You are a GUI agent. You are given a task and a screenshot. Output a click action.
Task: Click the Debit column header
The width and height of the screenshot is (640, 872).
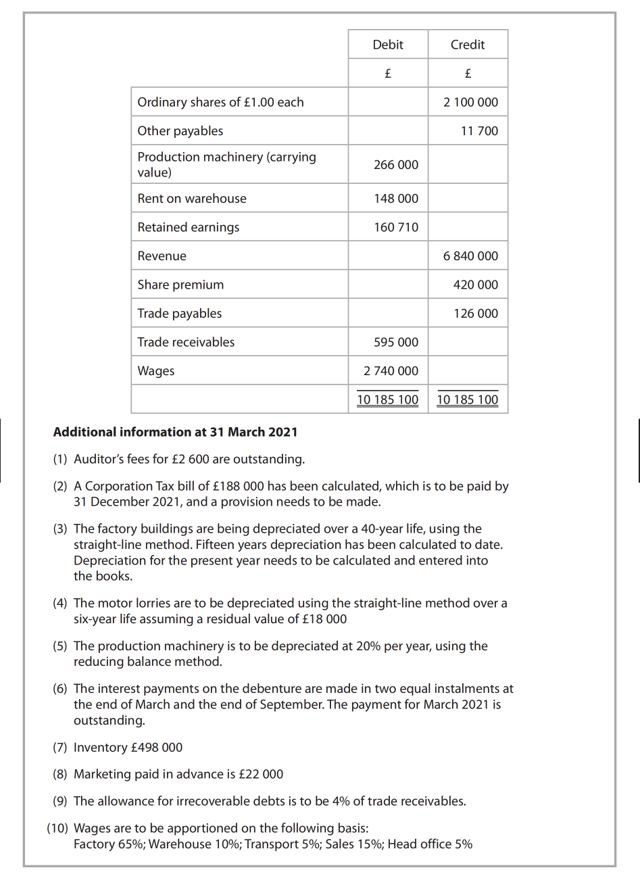pos(387,45)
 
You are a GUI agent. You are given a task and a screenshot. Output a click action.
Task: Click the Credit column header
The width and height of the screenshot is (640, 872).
pos(468,45)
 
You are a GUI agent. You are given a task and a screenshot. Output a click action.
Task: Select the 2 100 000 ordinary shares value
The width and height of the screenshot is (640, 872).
pos(470,102)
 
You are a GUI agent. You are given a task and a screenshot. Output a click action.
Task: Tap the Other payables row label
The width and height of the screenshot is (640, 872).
pos(180,131)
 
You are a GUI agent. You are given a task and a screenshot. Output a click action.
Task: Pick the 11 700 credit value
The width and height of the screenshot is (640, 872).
pos(479,131)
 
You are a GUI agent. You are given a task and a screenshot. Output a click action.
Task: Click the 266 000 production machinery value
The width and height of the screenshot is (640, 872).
pos(396,165)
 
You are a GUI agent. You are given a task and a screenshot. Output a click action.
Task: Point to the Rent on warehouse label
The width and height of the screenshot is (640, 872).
pos(192,199)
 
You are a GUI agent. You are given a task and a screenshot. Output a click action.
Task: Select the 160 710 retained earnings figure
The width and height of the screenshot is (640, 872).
pos(396,227)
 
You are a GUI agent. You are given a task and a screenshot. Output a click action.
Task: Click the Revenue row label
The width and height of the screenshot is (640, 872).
pos(162,256)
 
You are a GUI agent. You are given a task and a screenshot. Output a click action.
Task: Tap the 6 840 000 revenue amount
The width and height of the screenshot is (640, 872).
pos(470,256)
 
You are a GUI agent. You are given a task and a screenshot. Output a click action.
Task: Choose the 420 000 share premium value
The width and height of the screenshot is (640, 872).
pos(475,285)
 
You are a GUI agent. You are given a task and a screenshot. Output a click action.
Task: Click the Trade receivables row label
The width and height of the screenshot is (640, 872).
pos(186,342)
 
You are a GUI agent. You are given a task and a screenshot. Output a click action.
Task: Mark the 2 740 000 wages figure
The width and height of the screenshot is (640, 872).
pos(391,371)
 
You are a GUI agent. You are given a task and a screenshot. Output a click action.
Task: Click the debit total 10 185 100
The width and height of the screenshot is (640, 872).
pos(387,399)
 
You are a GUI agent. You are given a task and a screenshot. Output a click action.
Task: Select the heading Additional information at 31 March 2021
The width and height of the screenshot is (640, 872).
pos(175,432)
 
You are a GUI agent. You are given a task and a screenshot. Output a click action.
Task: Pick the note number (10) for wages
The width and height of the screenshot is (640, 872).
pos(57,829)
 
